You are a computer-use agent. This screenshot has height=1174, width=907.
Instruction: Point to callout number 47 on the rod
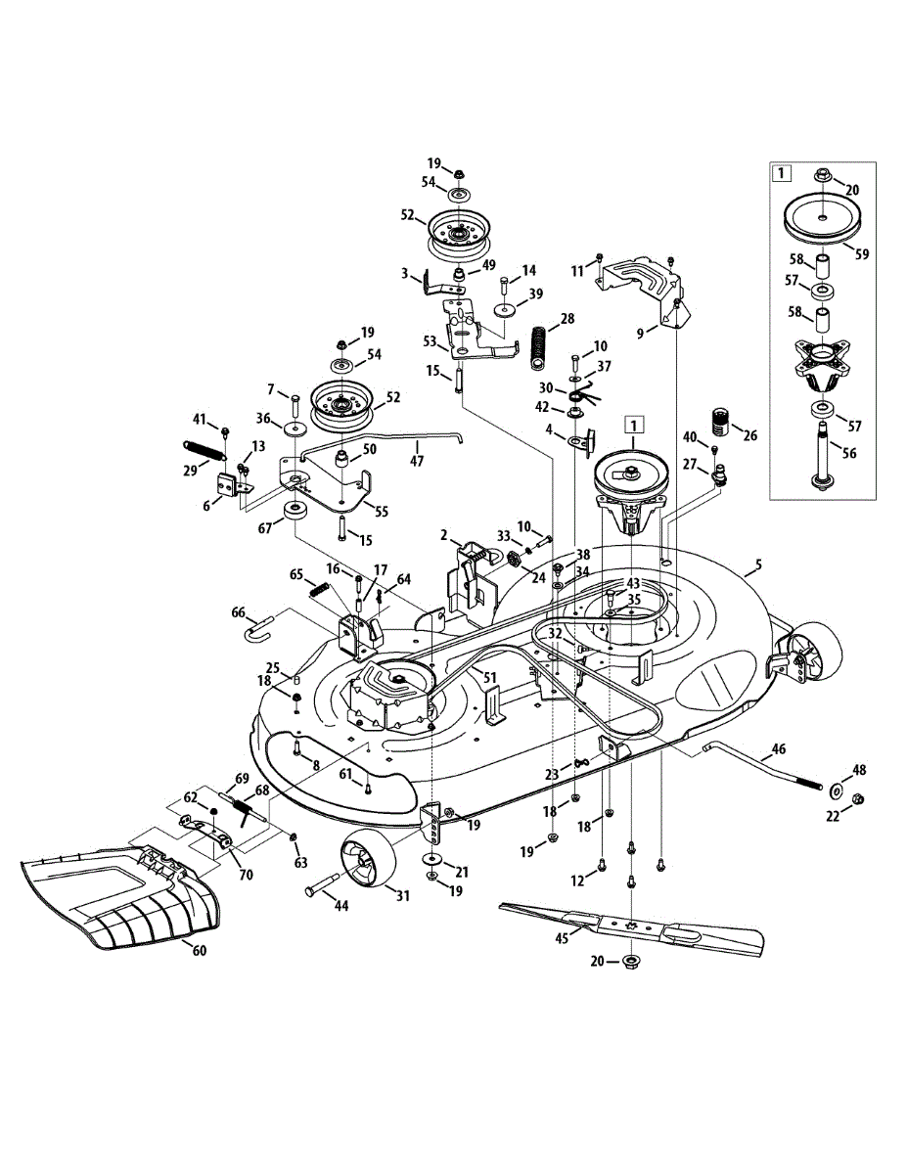coord(417,459)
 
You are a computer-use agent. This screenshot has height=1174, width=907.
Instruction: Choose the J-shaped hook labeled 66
coord(256,626)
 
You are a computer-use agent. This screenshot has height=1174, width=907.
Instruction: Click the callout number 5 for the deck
coord(756,564)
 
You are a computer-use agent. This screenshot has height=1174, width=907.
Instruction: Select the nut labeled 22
coord(857,800)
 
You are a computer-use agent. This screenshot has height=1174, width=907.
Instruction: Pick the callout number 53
coord(429,341)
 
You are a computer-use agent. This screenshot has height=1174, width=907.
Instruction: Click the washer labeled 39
coord(505,310)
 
